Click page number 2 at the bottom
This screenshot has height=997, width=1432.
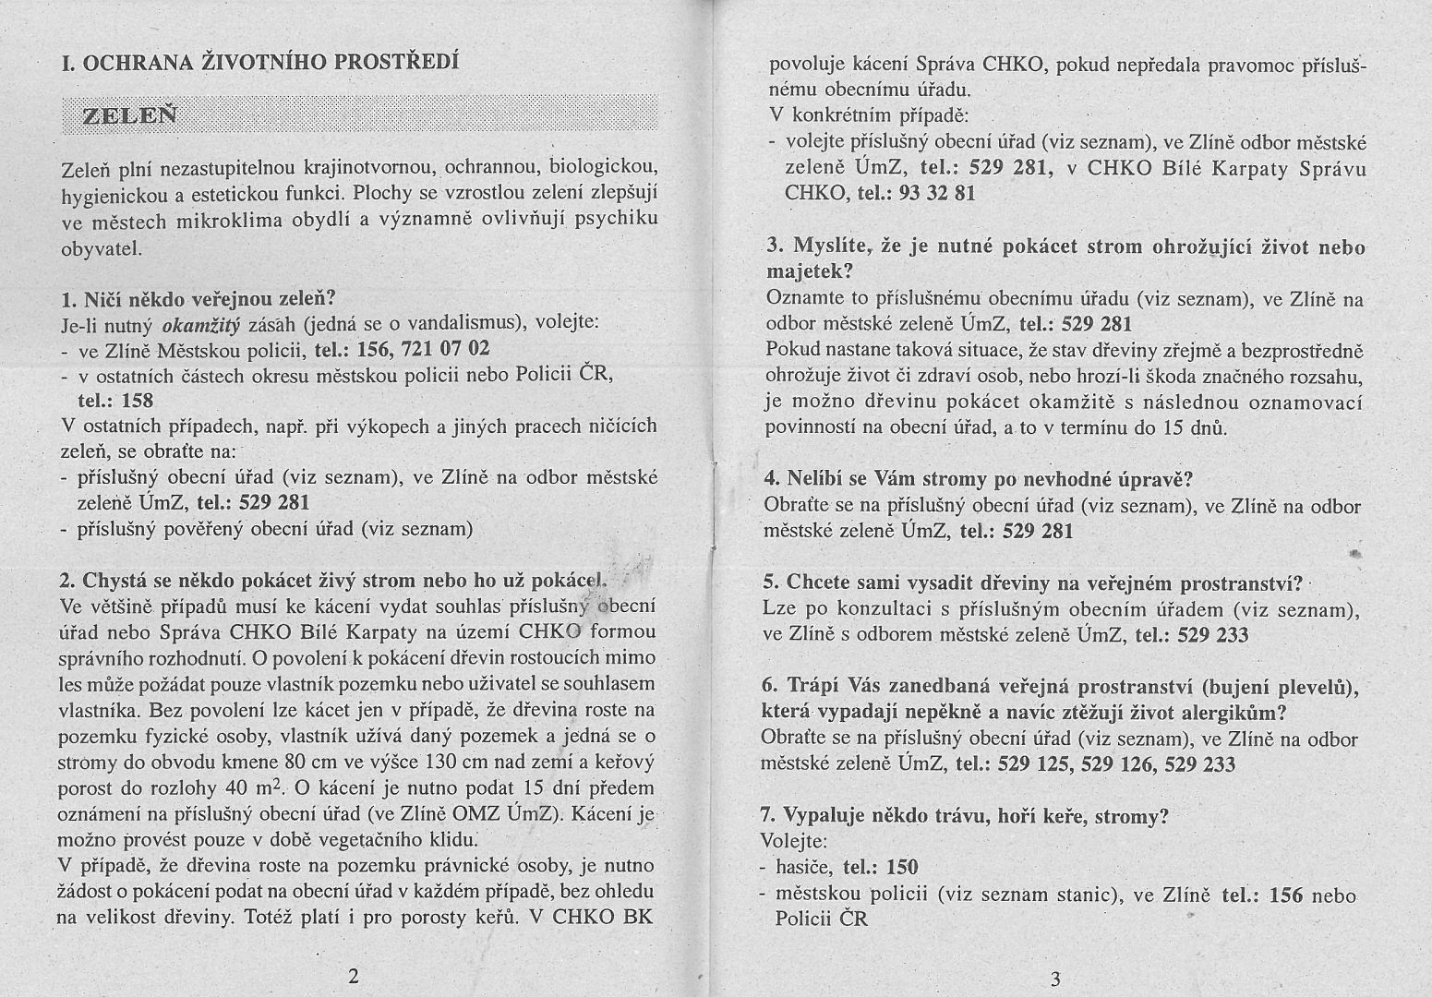pyautogui.click(x=352, y=977)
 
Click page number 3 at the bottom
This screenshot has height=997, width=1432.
pyautogui.click(x=1055, y=979)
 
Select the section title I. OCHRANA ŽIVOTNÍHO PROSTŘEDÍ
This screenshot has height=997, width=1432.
pyautogui.click(x=259, y=64)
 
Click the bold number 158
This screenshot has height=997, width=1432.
pyautogui.click(x=137, y=401)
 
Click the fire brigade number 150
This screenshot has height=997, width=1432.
pyautogui.click(x=902, y=868)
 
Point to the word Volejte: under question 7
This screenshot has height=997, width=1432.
pyautogui.click(x=793, y=842)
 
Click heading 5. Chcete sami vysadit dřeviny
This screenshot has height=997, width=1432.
pyautogui.click(x=1032, y=583)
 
